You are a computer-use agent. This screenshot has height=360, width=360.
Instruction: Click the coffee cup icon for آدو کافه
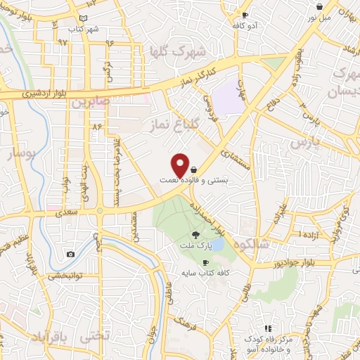(x=245, y=15)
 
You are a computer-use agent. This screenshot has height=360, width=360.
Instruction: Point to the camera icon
(x=71, y=254)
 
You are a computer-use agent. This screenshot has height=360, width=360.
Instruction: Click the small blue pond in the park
(x=217, y=244)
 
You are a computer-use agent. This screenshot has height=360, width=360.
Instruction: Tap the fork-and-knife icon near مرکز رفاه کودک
(x=267, y=328)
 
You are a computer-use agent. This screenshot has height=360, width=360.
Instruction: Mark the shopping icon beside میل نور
(x=319, y=6)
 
